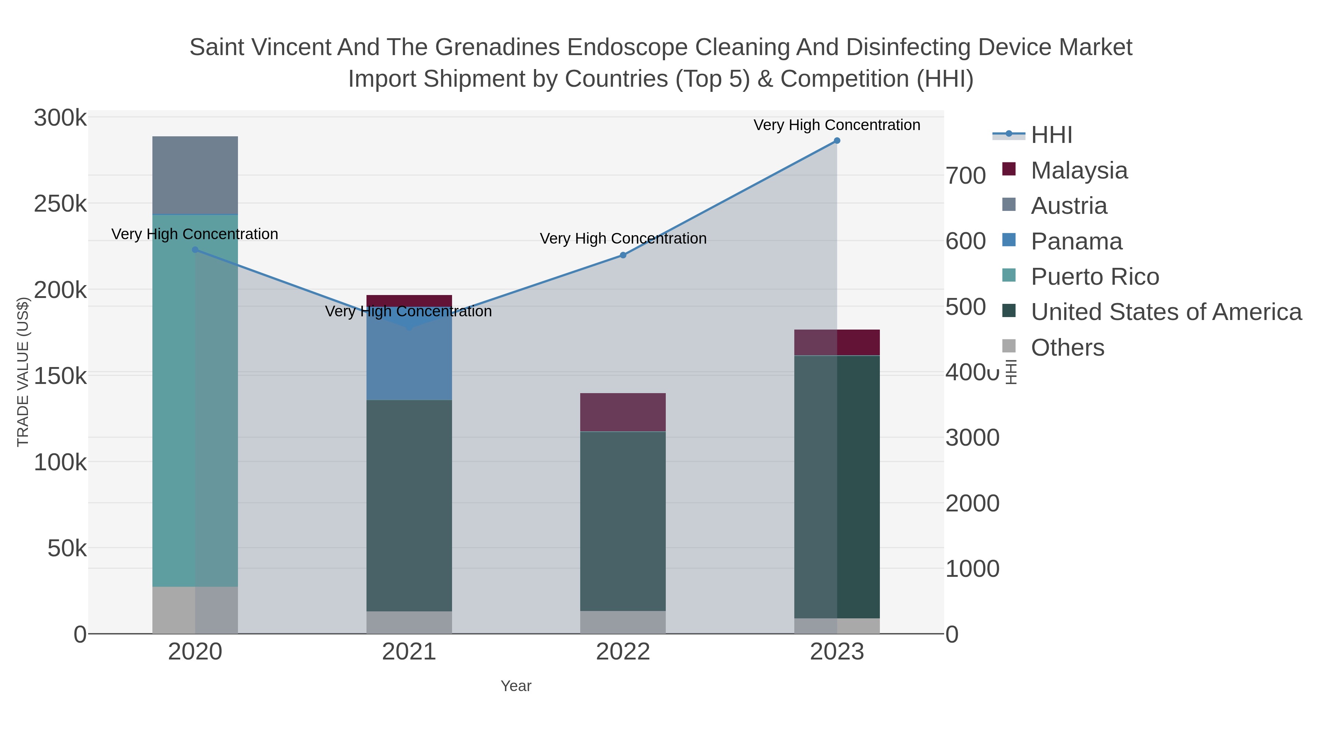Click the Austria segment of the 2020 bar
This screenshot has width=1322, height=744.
195,175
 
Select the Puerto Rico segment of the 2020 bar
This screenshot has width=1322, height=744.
195,400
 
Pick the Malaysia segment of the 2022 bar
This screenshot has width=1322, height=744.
622,412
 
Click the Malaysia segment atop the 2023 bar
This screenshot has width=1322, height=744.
837,342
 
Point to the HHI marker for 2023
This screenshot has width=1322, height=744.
837,141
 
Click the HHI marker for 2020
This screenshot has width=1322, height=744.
195,250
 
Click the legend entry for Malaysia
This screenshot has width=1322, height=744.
1079,170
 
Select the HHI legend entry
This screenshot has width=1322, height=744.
1051,135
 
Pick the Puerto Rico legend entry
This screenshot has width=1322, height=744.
1095,277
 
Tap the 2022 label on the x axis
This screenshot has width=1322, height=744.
622,652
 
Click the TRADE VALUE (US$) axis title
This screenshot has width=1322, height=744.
23,372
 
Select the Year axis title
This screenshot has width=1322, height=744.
516,686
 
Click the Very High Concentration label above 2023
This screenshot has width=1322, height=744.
837,125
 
